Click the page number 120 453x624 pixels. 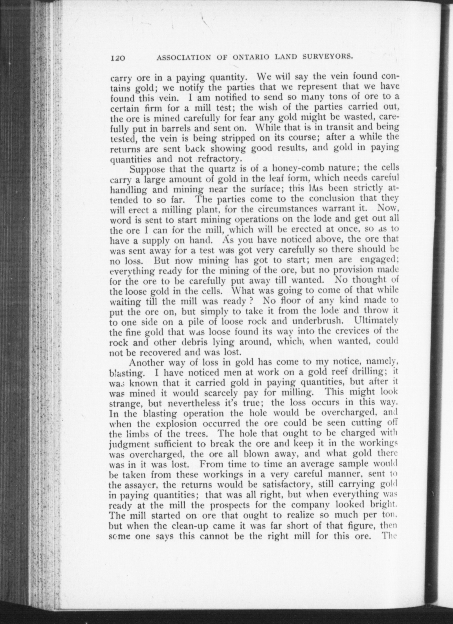pos(118,58)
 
